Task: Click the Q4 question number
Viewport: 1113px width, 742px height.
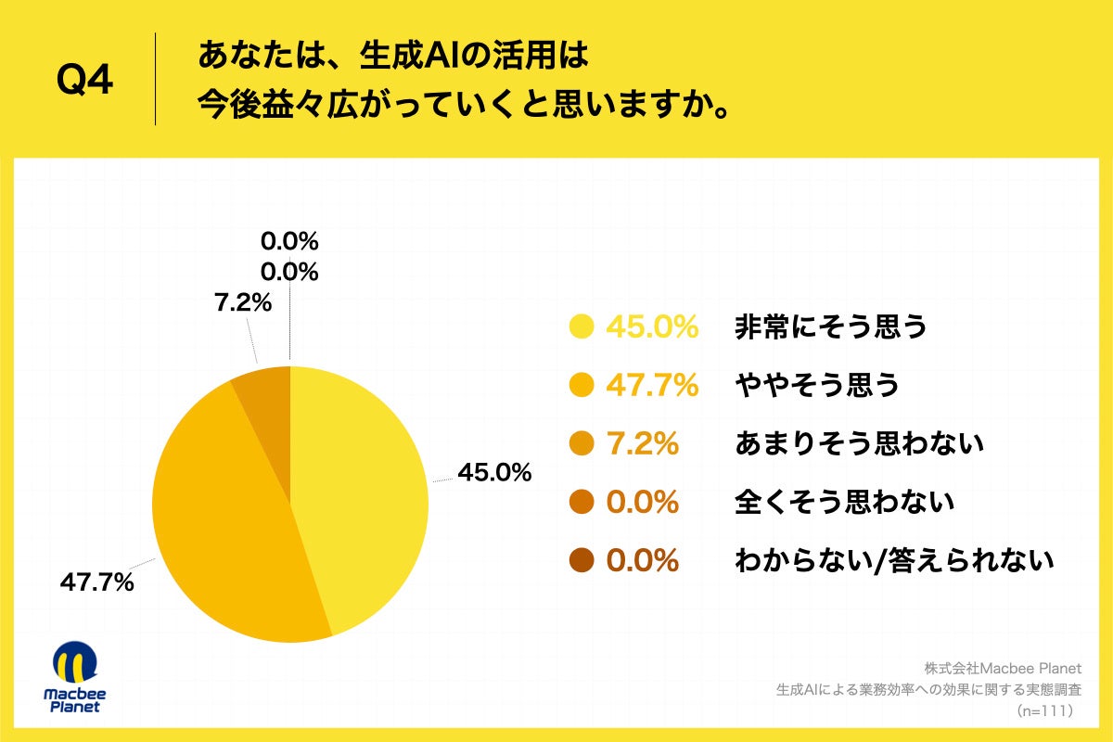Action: [x=84, y=82]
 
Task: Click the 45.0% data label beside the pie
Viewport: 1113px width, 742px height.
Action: [x=494, y=473]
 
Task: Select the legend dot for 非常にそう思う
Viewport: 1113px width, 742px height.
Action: [x=582, y=326]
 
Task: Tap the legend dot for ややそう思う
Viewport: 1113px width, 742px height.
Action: [x=582, y=385]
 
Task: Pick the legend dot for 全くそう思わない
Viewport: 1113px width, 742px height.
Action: [x=582, y=503]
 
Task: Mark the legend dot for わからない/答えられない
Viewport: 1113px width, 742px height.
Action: [x=582, y=561]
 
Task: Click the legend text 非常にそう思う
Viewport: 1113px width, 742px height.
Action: [x=830, y=326]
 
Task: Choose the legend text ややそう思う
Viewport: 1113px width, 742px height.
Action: [x=816, y=385]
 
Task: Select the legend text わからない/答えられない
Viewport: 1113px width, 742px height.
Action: [x=894, y=561]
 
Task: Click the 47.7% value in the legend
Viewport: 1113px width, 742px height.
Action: [x=651, y=385]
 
